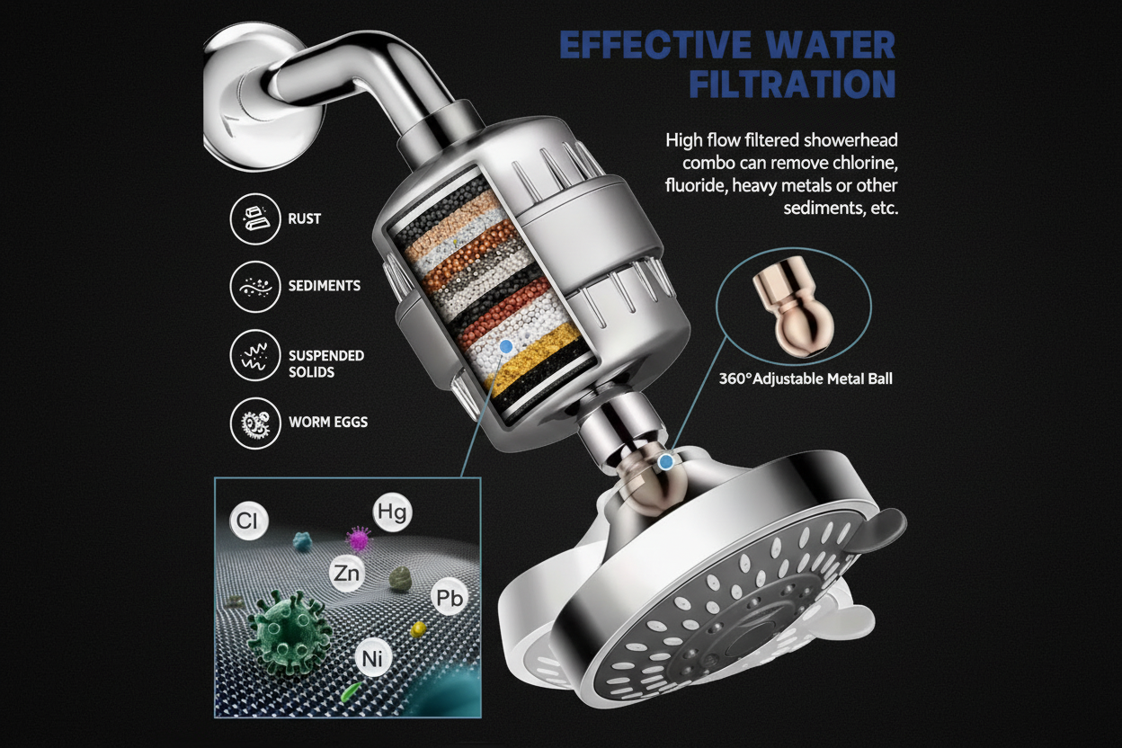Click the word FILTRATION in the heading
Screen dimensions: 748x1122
coord(792,84)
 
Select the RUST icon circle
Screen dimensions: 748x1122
coord(255,219)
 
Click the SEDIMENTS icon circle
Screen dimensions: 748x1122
coord(255,287)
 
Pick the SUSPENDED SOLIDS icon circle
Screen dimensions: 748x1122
coord(255,354)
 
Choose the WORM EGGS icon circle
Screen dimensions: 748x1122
coord(255,422)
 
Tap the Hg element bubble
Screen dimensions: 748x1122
coord(393,513)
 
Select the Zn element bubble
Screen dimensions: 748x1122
coord(346,573)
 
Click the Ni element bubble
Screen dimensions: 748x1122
coord(373,657)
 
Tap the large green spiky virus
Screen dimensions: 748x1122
coord(285,626)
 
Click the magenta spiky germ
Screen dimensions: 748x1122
coord(359,540)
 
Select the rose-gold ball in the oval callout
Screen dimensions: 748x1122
coord(796,306)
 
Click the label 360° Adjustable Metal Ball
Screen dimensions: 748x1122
coord(806,379)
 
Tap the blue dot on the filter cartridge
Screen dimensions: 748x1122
coord(506,345)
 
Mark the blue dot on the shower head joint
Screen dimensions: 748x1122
coord(665,462)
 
